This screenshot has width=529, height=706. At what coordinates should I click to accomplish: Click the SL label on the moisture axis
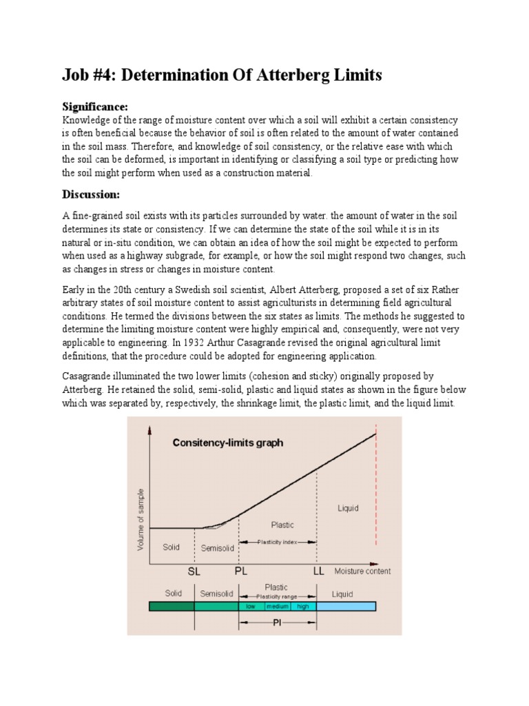click(195, 572)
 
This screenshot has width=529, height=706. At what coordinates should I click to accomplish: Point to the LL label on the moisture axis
click(318, 572)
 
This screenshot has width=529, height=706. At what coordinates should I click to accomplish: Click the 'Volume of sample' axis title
click(142, 516)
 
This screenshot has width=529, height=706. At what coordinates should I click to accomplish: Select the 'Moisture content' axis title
click(362, 571)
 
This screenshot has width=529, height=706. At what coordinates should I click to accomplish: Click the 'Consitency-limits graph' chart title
click(227, 443)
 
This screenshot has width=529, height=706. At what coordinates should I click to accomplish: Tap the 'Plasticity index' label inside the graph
click(278, 543)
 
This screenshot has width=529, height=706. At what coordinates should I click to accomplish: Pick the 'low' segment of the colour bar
click(250, 607)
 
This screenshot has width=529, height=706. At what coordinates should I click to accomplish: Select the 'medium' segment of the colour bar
click(278, 607)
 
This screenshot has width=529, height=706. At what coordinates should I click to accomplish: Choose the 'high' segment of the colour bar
click(303, 607)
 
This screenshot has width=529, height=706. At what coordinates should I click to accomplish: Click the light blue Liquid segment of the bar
click(346, 607)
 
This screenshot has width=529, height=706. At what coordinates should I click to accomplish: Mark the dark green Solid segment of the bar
click(172, 607)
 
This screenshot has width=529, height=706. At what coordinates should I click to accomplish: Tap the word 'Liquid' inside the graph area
click(347, 508)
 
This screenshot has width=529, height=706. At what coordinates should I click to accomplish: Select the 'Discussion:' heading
click(92, 193)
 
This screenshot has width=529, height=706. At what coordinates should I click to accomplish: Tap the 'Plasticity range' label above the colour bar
click(278, 596)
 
